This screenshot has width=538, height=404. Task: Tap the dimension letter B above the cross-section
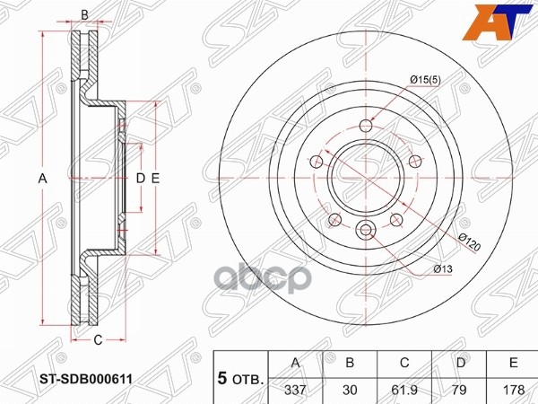(x=85, y=14)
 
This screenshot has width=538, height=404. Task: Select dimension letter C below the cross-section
(x=98, y=338)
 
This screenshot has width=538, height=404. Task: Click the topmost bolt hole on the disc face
(x=363, y=126)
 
